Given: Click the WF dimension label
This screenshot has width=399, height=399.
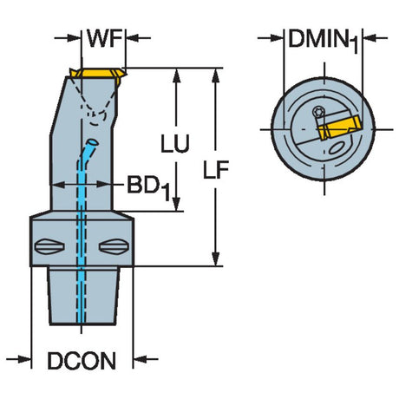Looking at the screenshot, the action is (x=104, y=38).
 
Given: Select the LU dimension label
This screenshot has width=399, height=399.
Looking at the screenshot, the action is (x=175, y=143).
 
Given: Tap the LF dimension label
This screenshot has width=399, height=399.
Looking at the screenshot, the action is (x=216, y=169).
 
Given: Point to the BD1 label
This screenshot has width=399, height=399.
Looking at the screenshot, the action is (x=148, y=187).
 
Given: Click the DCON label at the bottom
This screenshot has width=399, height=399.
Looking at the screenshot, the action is (x=82, y=361).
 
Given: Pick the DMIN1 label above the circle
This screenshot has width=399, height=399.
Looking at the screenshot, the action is (x=324, y=41).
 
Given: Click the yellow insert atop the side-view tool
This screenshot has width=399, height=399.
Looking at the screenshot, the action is (x=98, y=74).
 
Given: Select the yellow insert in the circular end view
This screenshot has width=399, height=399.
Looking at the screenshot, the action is (x=338, y=128).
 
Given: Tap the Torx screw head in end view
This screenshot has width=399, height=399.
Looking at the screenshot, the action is (x=319, y=112).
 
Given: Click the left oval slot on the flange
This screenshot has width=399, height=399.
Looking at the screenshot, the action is (x=49, y=247).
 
